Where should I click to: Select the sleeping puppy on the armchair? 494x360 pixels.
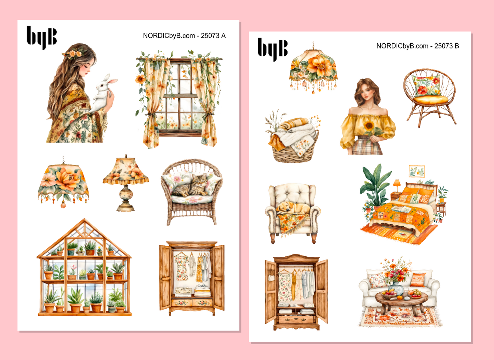[x=290, y=207]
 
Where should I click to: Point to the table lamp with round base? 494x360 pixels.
[x=125, y=183]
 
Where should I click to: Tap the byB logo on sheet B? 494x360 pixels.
[x=272, y=49]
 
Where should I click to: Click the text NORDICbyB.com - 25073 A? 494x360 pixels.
[x=184, y=36]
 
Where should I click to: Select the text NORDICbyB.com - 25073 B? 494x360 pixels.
[x=417, y=46]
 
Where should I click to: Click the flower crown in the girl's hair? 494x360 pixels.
[x=74, y=53]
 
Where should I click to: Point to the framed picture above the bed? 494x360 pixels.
[x=417, y=171]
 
